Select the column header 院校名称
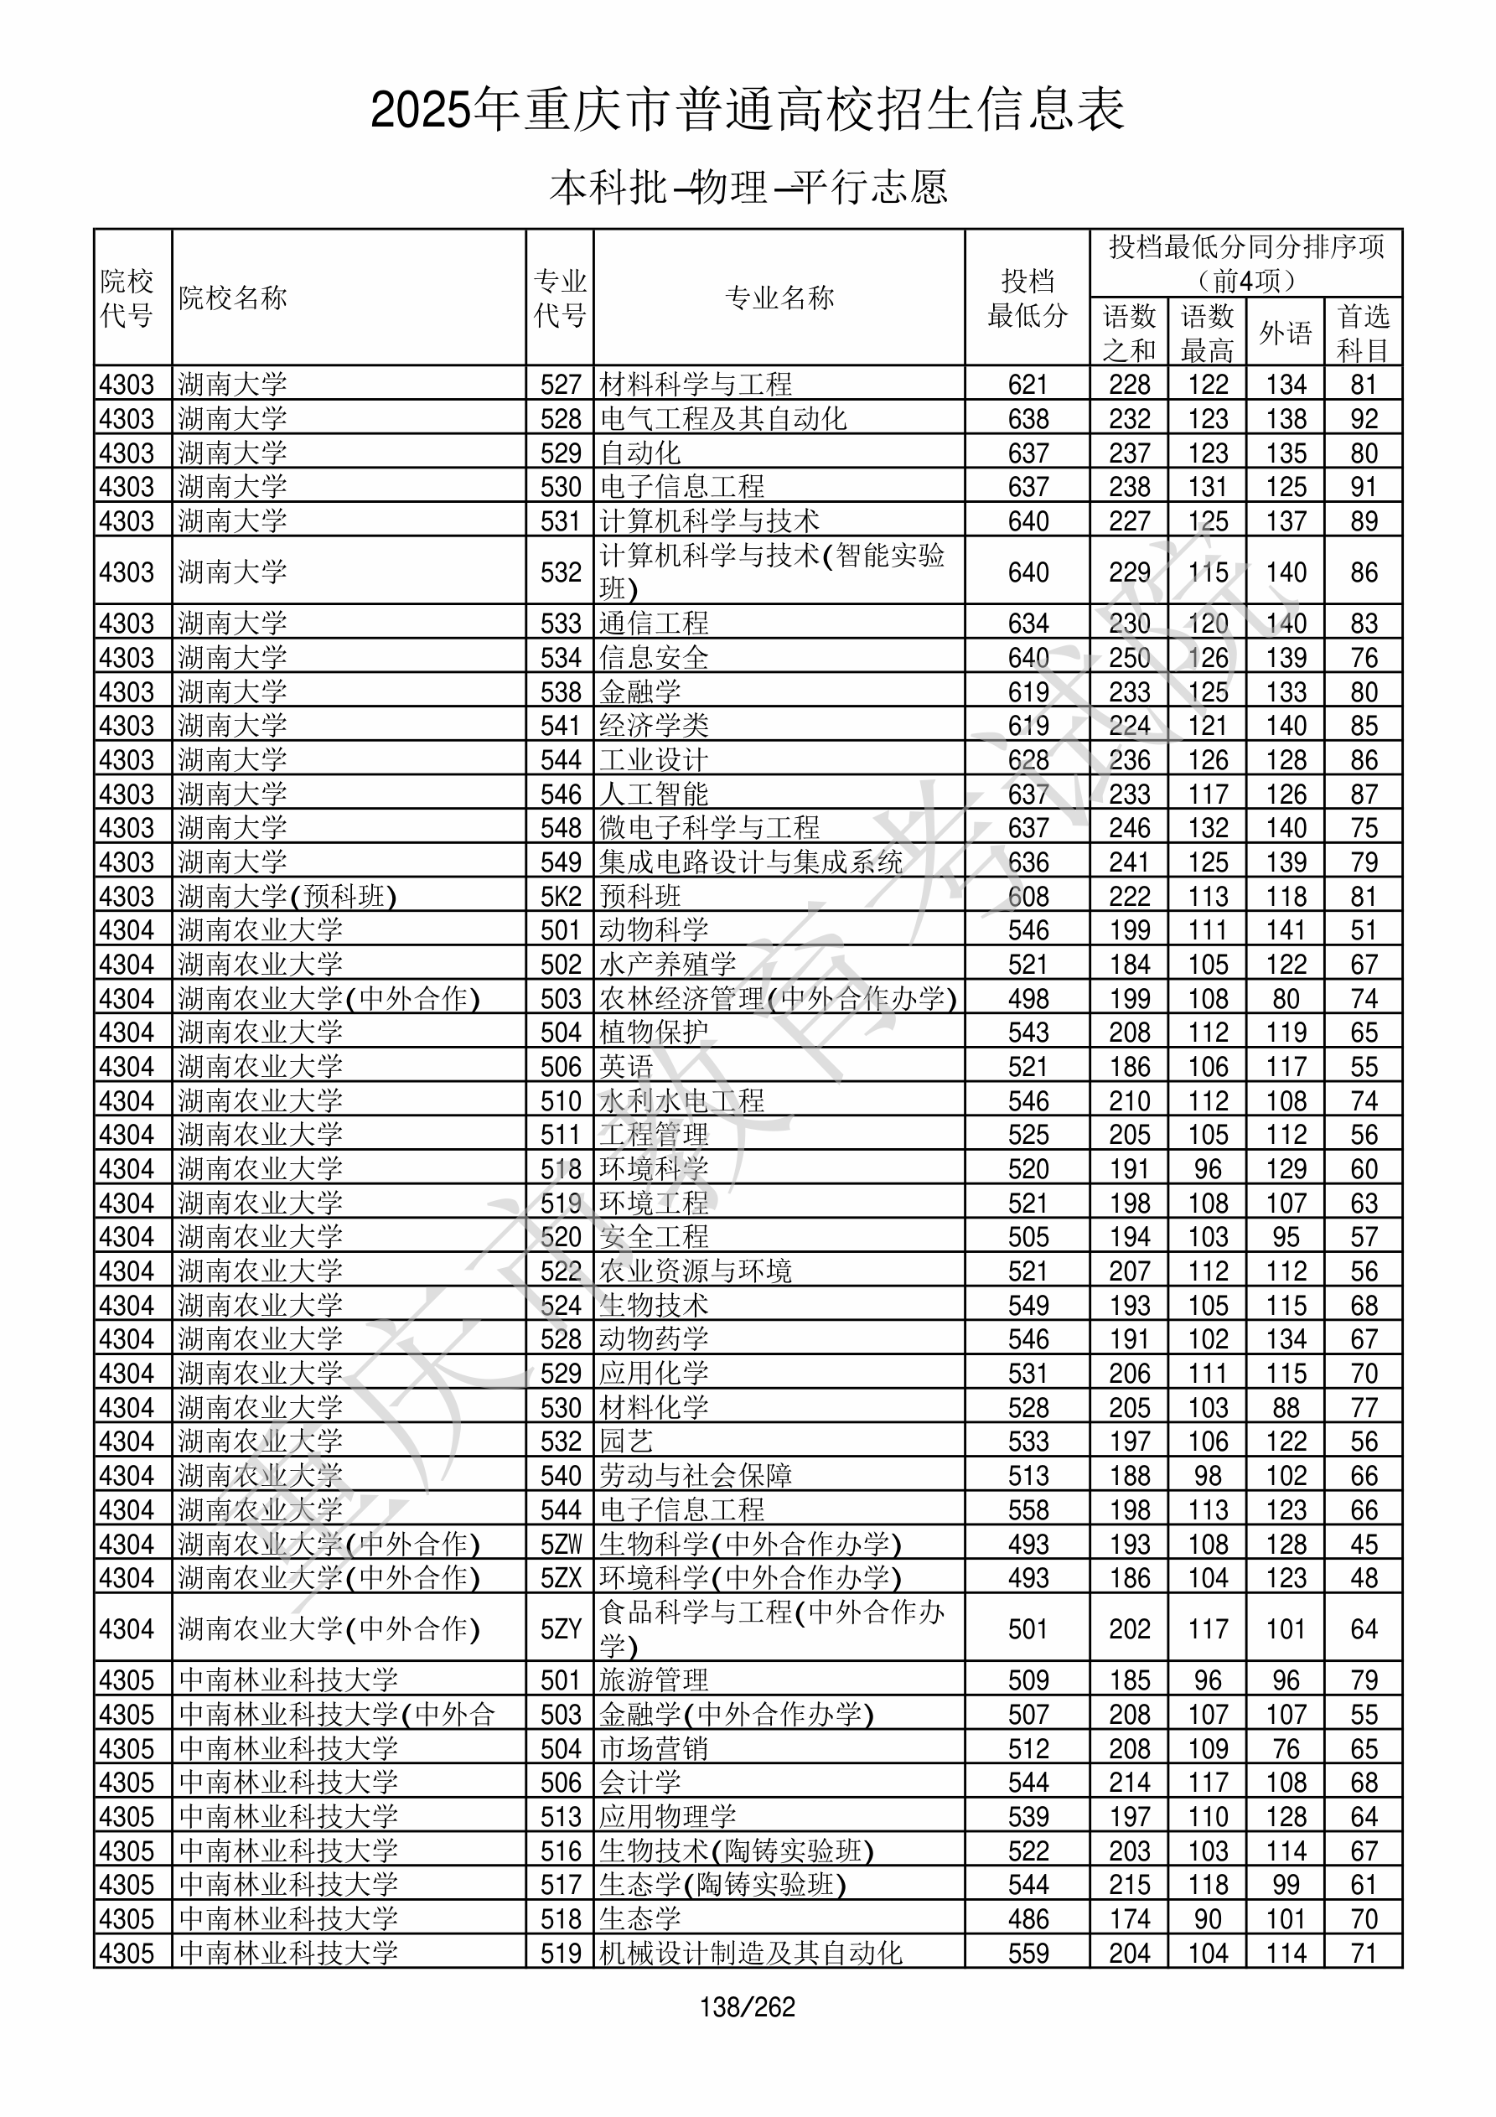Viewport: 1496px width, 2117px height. pyautogui.click(x=233, y=298)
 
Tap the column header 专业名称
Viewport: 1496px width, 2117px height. pyautogui.click(x=779, y=298)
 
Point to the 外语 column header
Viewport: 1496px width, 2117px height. pyautogui.click(x=1285, y=333)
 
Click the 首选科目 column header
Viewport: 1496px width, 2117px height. pyautogui.click(x=1364, y=333)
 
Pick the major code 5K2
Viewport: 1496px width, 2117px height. pyautogui.click(x=561, y=897)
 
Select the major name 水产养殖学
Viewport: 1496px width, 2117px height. pyautogui.click(x=668, y=965)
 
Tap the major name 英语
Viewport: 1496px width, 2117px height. pyautogui.click(x=626, y=1068)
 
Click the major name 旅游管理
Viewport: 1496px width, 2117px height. pyautogui.click(x=654, y=1680)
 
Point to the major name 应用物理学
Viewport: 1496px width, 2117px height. pyautogui.click(x=668, y=1816)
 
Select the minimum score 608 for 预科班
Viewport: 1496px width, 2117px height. pyautogui.click(x=1028, y=897)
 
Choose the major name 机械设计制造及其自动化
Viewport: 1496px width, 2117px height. pyautogui.click(x=751, y=1953)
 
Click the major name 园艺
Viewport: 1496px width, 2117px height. pyautogui.click(x=626, y=1442)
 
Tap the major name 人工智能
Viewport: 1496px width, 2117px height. pyautogui.click(x=654, y=795)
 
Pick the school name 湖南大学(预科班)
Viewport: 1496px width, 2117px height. pyautogui.click(x=287, y=897)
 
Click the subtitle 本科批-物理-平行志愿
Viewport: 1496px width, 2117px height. pyautogui.click(x=748, y=187)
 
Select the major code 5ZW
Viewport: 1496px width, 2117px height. pyautogui.click(x=561, y=1545)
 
